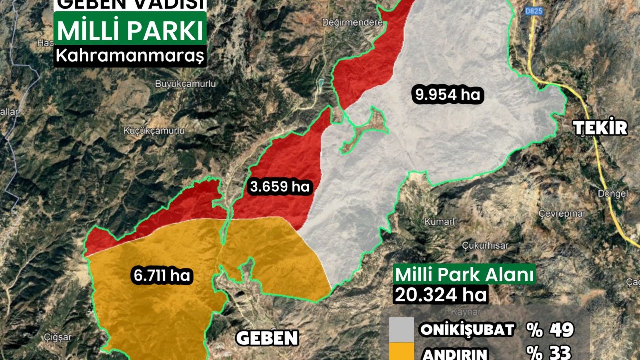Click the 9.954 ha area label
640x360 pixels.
coord(448,95)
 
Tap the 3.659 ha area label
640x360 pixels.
coord(280,187)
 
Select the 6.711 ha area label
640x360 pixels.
coord(162,275)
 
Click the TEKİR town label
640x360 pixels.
coord(600,128)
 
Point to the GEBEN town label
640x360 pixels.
coord(267,338)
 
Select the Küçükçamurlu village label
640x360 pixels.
coord(154,131)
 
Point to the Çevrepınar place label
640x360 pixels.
coord(562,213)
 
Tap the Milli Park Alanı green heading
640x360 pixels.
coord(464,275)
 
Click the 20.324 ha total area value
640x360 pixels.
coord(440,294)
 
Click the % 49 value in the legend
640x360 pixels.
coord(549,330)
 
